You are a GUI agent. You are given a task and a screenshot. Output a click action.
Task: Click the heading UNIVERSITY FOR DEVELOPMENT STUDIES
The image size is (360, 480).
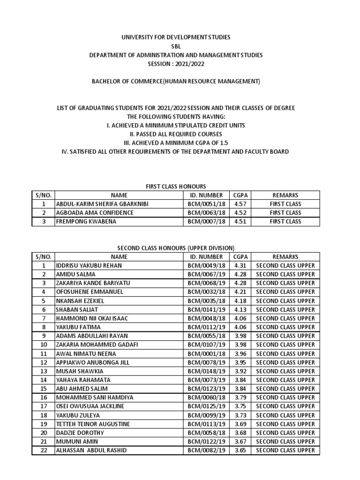tap(176, 37)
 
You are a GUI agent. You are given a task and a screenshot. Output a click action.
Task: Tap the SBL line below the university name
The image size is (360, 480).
tap(176, 46)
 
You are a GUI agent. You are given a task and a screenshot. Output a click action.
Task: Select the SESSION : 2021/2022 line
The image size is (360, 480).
tap(176, 64)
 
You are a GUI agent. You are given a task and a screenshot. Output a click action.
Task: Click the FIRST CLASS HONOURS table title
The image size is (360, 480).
tap(176, 187)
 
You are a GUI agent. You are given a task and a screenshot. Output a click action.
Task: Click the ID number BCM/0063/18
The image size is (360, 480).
tap(206, 213)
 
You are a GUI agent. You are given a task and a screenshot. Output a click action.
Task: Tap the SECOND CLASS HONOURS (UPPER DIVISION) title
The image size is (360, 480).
tap(176, 248)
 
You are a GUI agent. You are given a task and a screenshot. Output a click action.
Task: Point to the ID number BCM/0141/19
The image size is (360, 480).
tap(206, 310)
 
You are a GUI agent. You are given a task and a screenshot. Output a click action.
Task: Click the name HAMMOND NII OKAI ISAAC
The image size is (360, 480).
tap(92, 319)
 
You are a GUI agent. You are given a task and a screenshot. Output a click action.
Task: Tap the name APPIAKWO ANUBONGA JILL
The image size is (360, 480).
tap(92, 363)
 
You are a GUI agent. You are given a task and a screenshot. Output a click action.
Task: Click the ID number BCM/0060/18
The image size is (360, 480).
tap(206, 397)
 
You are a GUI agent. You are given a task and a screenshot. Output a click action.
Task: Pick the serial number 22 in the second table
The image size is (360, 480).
tap(44, 450)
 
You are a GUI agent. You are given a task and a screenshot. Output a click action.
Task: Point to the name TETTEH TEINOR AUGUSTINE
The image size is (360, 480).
tap(93, 424)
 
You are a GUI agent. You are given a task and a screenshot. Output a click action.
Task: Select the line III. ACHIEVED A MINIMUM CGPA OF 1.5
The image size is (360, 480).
tap(176, 143)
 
